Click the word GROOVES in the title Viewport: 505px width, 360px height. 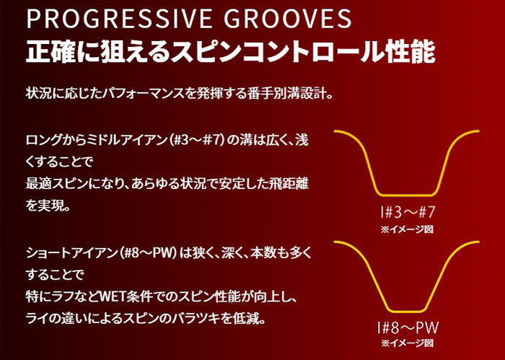point(288,19)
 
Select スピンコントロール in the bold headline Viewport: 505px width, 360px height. point(276,51)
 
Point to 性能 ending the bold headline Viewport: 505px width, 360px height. point(409,51)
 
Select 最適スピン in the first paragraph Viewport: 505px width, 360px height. point(57,184)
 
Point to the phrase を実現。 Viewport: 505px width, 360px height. point(48,206)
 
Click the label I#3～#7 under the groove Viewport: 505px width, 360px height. point(408,213)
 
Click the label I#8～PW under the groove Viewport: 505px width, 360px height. point(408,328)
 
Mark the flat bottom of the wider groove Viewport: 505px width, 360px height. point(407,195)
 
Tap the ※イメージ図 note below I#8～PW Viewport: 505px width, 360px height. point(407,343)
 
